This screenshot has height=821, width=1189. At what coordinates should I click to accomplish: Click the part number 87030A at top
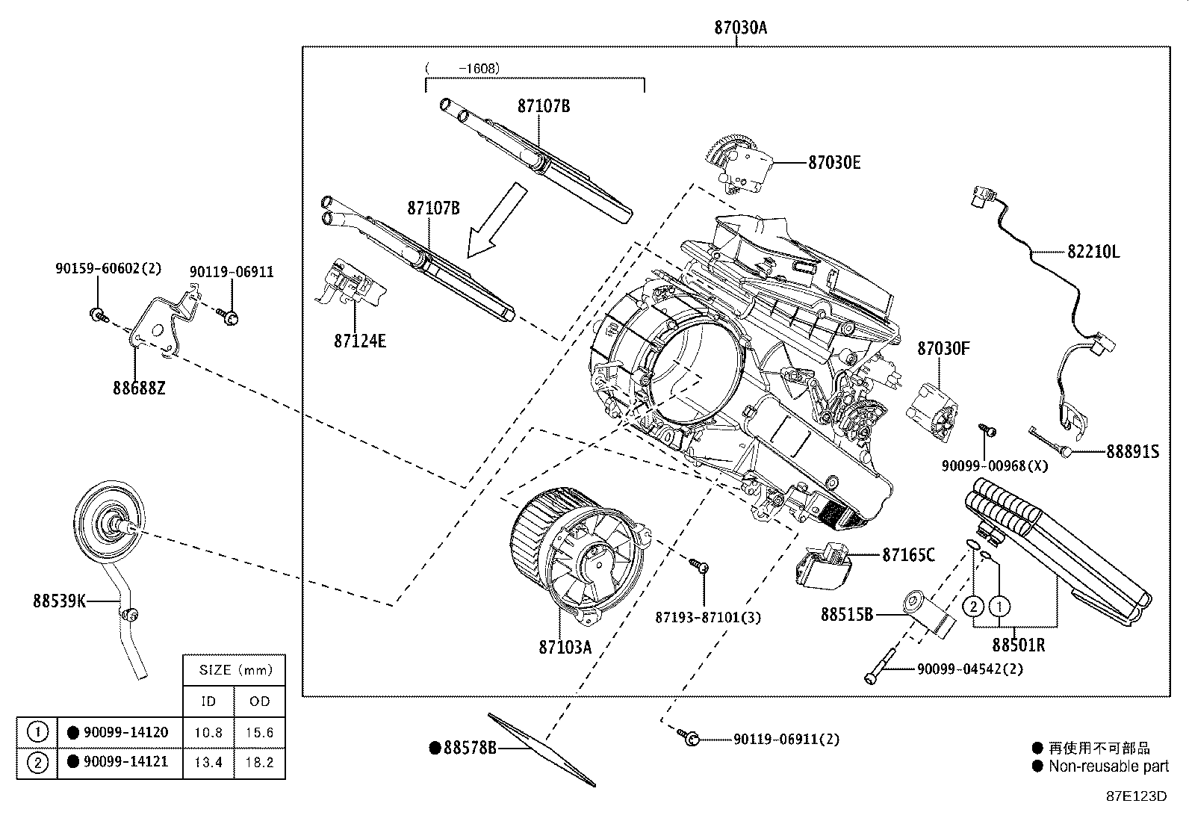pyautogui.click(x=739, y=28)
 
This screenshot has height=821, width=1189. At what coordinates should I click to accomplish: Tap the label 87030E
pyautogui.click(x=833, y=162)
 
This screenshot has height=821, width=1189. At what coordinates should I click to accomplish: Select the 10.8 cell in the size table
pyautogui.click(x=208, y=733)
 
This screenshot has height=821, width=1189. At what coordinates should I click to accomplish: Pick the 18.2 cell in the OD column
pyautogui.click(x=259, y=763)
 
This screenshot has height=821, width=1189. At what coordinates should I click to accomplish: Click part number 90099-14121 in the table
pyautogui.click(x=124, y=762)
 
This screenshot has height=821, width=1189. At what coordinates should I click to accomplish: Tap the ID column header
pyautogui.click(x=208, y=701)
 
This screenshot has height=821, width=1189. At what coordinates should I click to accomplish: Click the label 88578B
pyautogui.click(x=469, y=747)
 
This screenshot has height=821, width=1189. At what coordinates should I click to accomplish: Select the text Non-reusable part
pyautogui.click(x=1108, y=766)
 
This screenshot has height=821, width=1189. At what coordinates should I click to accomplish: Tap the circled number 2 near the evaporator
pyautogui.click(x=973, y=606)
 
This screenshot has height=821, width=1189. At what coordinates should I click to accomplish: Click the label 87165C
pyautogui.click(x=908, y=554)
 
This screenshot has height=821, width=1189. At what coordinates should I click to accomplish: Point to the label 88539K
pyautogui.click(x=58, y=600)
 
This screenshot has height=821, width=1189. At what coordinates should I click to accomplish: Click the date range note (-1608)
pyautogui.click(x=463, y=68)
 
